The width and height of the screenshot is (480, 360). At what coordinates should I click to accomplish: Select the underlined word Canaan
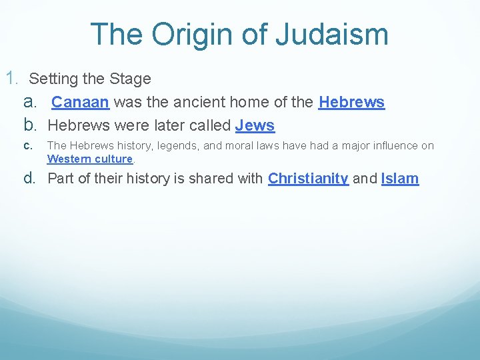click(x=81, y=103)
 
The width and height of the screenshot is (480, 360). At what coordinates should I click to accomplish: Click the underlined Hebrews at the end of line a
click(x=351, y=103)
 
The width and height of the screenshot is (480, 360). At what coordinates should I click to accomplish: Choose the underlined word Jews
click(x=255, y=125)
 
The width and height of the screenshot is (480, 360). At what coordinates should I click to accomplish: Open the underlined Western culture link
click(x=90, y=159)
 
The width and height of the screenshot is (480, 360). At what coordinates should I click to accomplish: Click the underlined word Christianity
click(x=308, y=179)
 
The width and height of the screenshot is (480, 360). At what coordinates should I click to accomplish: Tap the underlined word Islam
click(x=400, y=179)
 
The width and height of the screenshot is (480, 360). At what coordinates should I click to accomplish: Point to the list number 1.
click(x=12, y=79)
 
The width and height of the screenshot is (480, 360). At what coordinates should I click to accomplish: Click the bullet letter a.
click(x=30, y=103)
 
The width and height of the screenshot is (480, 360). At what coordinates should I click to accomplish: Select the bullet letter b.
click(x=30, y=125)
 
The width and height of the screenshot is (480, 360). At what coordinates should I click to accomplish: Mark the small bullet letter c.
click(x=27, y=145)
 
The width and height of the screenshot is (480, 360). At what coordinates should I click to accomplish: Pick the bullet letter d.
click(x=30, y=179)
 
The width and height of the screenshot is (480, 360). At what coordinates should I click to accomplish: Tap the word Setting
click(x=53, y=79)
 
